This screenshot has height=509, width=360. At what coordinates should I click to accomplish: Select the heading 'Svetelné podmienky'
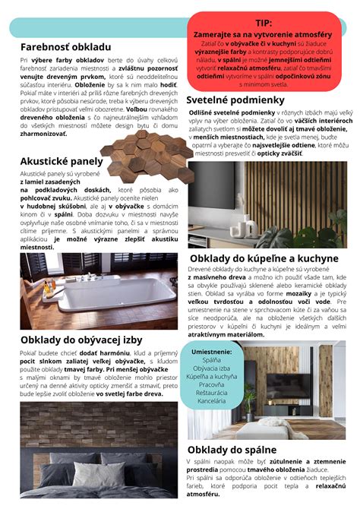coord(235,100)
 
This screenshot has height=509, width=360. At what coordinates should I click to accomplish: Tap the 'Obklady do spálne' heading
coord(232,451)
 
